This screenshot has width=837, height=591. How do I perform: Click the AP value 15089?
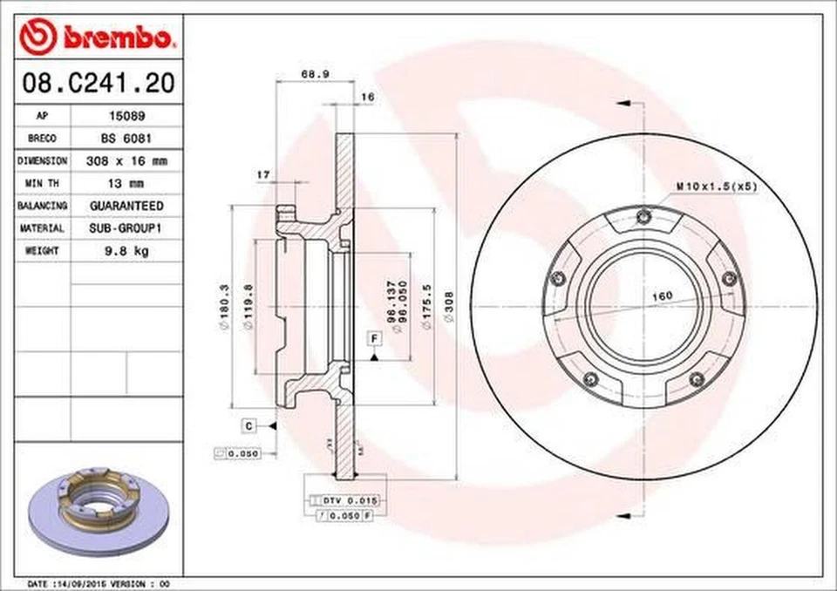126,115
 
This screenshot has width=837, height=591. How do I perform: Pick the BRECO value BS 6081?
126,138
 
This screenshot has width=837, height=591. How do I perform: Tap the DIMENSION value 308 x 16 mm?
126,160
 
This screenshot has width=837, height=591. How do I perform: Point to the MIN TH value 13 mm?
126,183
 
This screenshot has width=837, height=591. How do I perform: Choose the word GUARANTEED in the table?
126,206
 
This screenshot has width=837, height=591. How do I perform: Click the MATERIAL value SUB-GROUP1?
126,228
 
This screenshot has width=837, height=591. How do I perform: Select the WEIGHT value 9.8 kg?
126,251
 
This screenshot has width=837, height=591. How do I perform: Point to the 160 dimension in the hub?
663,296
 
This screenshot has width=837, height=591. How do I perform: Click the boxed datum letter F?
374,337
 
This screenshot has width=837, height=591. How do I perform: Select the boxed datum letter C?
248,425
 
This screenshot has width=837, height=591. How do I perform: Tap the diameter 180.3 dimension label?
224,307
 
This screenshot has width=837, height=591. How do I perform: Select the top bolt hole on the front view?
644,217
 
